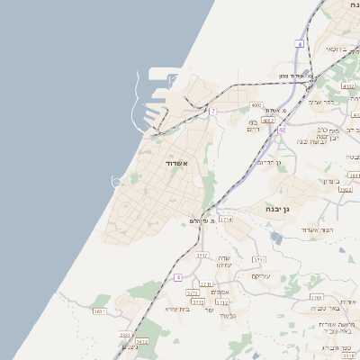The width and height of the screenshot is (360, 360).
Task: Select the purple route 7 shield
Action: point(212,112)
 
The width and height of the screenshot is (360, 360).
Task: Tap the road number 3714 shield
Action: point(226,219)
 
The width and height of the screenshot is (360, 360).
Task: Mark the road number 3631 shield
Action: point(99,310)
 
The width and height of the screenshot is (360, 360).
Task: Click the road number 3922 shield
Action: point(346,191)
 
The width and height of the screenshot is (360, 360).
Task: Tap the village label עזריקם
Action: point(261,276)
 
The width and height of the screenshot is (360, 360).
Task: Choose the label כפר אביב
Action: point(322,102)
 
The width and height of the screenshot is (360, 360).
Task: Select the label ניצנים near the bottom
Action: point(129,347)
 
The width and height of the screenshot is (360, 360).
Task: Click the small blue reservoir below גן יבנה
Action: point(275,238)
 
